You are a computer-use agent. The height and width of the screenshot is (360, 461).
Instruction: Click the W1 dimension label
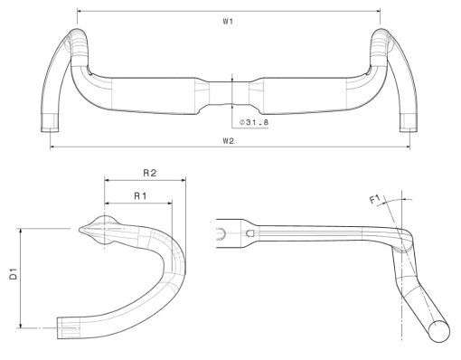(x=228, y=22)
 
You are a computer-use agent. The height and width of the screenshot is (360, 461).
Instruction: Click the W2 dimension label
(x=228, y=141)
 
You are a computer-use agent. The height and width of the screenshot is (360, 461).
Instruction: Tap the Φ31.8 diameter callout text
(x=254, y=122)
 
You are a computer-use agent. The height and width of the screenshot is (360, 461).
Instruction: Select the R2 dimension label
(x=149, y=173)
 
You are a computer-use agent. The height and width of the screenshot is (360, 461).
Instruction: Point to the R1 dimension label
(x=140, y=196)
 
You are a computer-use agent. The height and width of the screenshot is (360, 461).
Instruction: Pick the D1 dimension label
(x=14, y=273)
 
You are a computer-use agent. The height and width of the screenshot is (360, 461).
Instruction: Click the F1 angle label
(x=375, y=200)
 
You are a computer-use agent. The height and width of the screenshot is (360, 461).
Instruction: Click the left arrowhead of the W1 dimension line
(x=80, y=11)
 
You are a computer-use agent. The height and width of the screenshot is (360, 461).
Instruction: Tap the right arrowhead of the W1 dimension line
(x=378, y=11)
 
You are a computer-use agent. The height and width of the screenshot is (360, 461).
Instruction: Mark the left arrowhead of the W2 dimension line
(x=52, y=147)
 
